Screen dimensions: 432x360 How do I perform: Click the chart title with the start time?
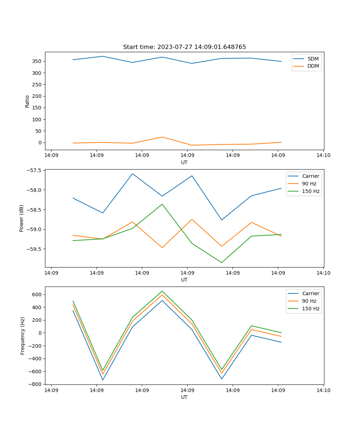[x=184, y=47]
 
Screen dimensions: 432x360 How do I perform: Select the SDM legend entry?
[x=313, y=59]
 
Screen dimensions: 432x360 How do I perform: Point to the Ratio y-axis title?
[x=27, y=101]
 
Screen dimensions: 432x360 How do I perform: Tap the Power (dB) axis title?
[x=22, y=218]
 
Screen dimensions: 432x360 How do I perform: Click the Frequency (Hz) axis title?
[x=22, y=336]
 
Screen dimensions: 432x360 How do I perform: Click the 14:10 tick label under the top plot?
[x=323, y=155]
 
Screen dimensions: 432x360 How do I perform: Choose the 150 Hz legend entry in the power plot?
[x=311, y=191]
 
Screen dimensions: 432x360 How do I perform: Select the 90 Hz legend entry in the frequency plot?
[x=309, y=301]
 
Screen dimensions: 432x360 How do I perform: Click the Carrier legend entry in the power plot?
[x=310, y=176]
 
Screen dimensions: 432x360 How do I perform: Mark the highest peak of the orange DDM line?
[x=162, y=137]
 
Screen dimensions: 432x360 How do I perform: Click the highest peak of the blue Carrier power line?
[x=132, y=174]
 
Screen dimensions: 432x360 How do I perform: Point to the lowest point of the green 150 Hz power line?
[x=221, y=262]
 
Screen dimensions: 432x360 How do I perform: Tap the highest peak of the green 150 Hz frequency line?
[x=162, y=291]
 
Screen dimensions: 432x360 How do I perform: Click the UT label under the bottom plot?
[x=184, y=397]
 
